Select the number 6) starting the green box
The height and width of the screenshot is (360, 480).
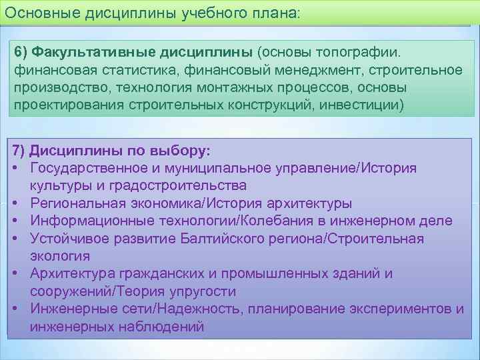point(23,52)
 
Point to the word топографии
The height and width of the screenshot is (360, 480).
point(375,52)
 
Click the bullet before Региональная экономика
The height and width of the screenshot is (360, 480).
point(15,203)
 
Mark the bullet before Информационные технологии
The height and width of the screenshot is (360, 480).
point(15,221)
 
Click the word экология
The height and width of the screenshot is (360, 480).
point(60,256)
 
